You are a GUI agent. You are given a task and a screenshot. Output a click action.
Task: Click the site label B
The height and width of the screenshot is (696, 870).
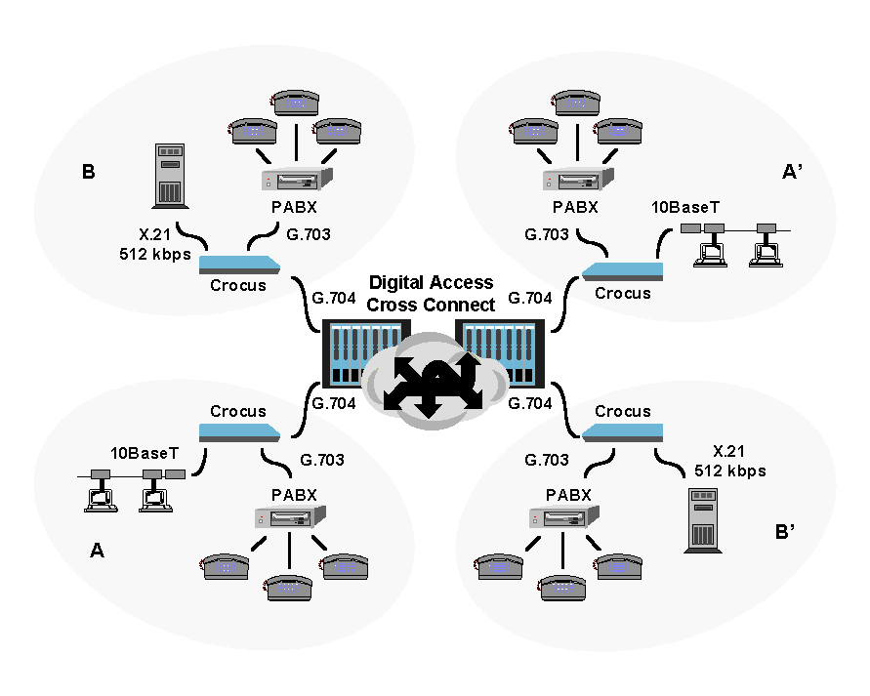click(x=89, y=173)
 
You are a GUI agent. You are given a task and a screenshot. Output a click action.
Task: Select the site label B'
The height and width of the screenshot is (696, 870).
click(x=788, y=533)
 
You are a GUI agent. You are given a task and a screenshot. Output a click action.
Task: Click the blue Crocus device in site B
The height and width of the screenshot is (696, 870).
click(x=240, y=265)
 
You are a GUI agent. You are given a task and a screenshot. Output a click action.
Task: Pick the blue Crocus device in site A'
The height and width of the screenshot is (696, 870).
click(x=621, y=270)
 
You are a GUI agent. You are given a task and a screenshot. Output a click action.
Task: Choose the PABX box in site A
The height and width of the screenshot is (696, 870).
click(x=289, y=517)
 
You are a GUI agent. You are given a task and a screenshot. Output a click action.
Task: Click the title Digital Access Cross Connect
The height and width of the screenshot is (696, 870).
click(x=432, y=293)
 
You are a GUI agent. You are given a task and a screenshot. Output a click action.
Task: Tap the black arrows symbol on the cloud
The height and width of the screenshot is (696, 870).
click(x=432, y=384)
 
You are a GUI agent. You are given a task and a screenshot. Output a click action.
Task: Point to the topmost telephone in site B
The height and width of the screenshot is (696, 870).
click(x=296, y=102)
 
